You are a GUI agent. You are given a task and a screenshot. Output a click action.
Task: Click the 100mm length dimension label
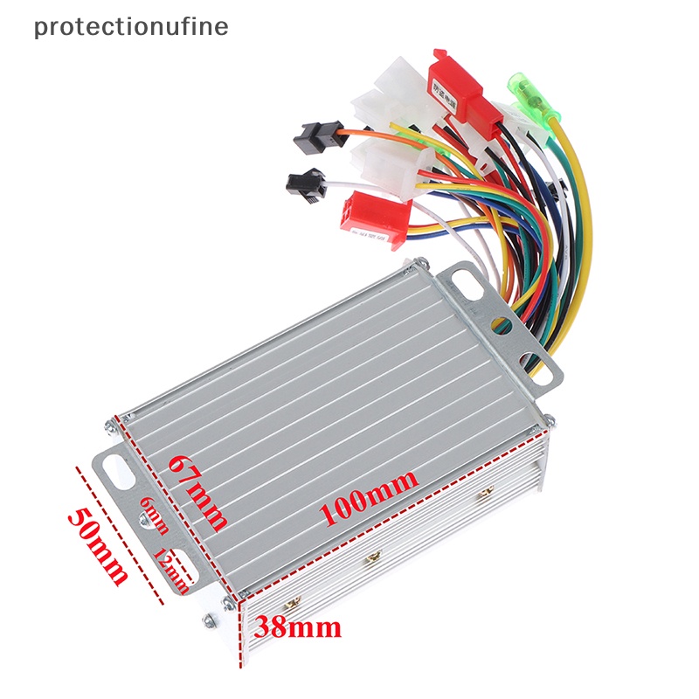coord(368,496)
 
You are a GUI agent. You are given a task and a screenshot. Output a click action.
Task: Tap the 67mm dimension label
coord(198,492)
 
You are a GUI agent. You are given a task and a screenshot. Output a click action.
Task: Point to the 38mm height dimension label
coord(297,626)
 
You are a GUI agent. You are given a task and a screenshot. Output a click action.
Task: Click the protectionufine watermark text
coord(131,26)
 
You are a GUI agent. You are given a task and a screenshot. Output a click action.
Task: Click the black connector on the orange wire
coord(310,135)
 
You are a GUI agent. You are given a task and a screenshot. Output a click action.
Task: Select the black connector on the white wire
coord(307,183)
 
